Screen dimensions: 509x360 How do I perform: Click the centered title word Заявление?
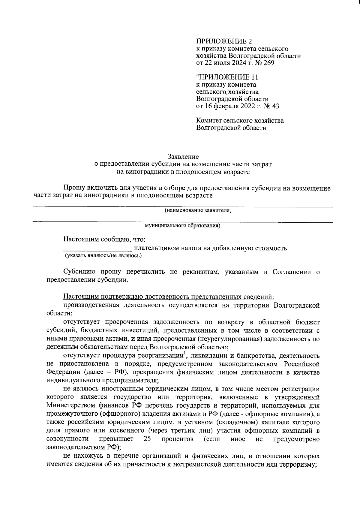[x=183, y=156]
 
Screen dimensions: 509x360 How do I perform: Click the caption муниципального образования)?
[x=182, y=226]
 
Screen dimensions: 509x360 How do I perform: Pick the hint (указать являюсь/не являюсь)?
[x=103, y=256]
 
